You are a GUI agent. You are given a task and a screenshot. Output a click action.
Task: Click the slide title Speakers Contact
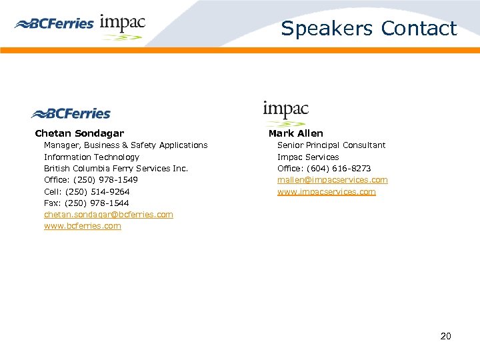369,29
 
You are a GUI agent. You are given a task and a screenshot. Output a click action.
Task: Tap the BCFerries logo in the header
54,24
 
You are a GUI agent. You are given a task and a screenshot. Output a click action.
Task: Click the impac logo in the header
123,27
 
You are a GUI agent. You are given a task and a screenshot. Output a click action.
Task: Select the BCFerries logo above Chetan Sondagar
71,113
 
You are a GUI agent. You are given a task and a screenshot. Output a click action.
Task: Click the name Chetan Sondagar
79,133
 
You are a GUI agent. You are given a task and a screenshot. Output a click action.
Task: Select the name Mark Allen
295,133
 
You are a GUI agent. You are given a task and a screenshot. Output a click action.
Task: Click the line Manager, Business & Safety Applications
125,145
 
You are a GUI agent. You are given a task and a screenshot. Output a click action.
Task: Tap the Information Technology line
91,157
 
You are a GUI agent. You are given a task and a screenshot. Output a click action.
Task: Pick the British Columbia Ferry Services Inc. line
116,169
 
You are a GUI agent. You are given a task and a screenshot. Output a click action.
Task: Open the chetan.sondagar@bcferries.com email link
108,215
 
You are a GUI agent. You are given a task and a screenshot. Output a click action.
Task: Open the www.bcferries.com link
83,226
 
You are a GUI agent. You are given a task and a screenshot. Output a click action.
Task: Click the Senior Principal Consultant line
331,145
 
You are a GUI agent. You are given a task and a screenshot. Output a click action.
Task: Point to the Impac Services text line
308,157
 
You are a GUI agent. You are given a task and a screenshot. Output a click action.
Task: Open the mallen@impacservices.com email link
332,180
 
